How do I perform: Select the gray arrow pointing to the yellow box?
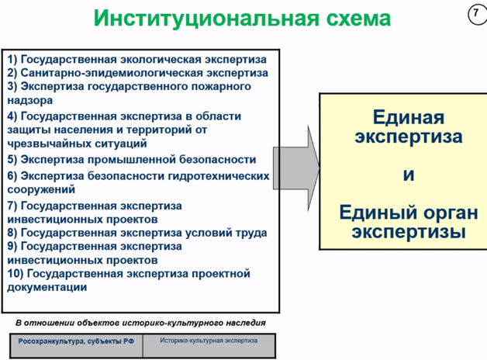pyautogui.click(x=296, y=168)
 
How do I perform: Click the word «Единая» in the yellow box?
pyautogui.click(x=409, y=117)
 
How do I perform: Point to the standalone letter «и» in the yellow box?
pyautogui.click(x=409, y=175)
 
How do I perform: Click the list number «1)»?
pyautogui.click(x=12, y=59)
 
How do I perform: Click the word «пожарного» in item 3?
pyautogui.click(x=221, y=87)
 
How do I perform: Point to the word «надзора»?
pyautogui.click(x=29, y=100)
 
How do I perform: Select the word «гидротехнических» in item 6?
pyautogui.click(x=219, y=176)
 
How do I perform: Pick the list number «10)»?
pyautogui.click(x=16, y=274)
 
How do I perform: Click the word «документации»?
pyautogui.click(x=47, y=287)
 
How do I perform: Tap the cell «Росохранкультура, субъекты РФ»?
pyautogui.click(x=76, y=345)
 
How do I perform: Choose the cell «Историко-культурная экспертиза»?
pyautogui.click(x=209, y=345)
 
